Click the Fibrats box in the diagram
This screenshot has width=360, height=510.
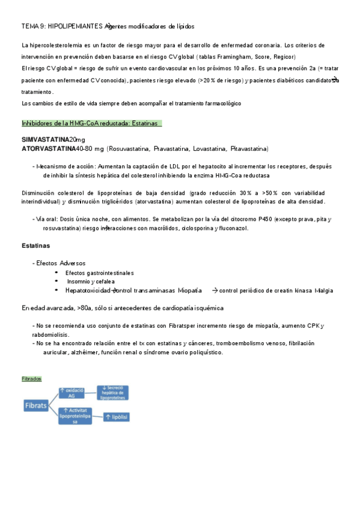[36, 405]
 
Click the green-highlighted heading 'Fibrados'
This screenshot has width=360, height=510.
[31, 379]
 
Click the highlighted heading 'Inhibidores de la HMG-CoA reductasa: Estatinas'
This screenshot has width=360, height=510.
[90, 123]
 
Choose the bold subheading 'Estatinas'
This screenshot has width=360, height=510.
[35, 246]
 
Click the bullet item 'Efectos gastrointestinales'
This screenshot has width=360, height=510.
[100, 273]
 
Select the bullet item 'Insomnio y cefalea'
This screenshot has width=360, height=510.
[90, 281]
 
